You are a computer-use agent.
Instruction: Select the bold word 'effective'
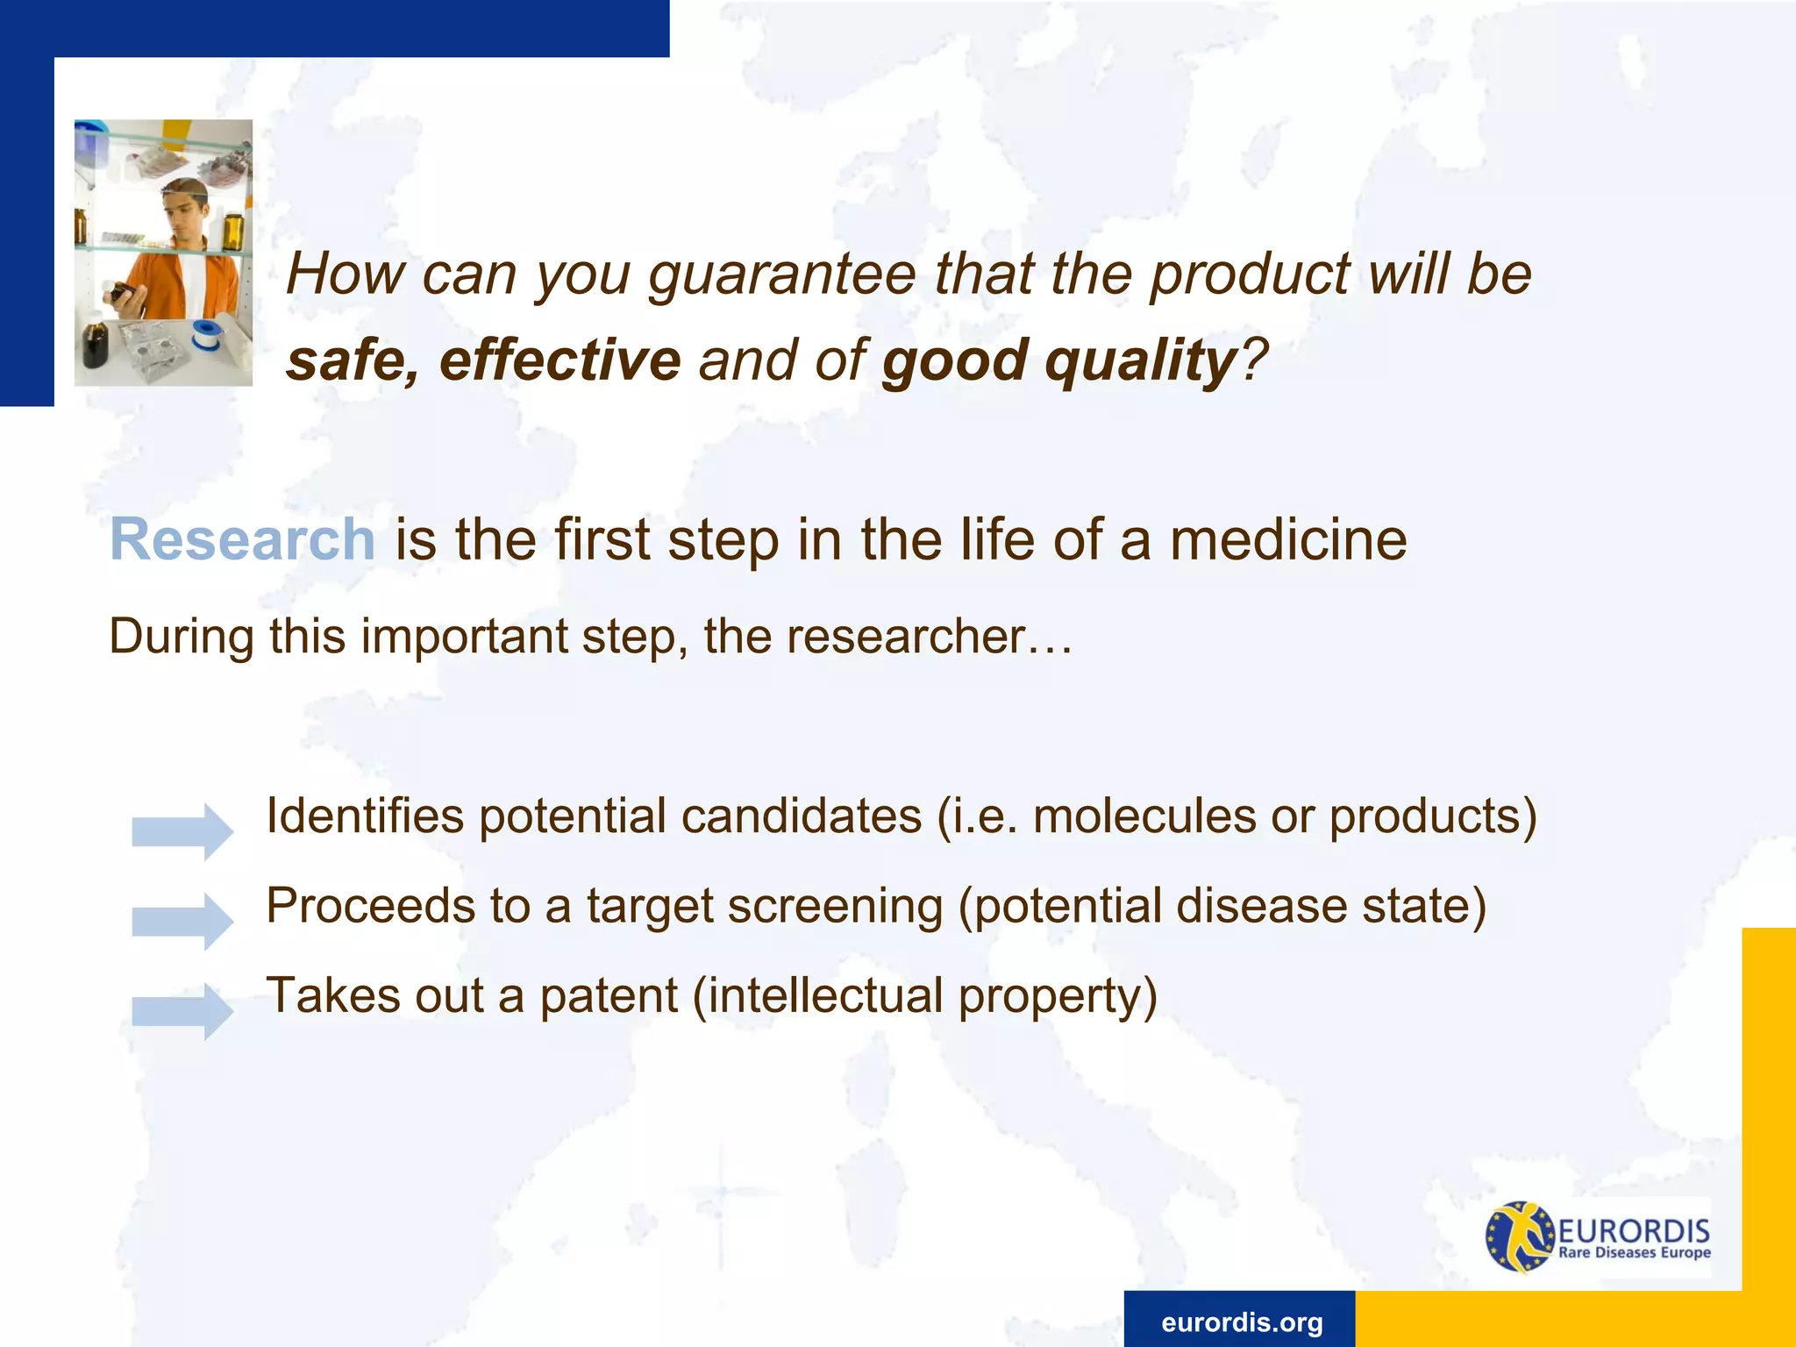coord(559,360)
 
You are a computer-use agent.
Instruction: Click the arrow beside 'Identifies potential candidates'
coord(182,830)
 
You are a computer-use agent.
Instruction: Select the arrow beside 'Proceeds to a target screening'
coord(182,921)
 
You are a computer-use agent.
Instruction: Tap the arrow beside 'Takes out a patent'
coord(182,1011)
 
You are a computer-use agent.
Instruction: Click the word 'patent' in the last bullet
coord(609,996)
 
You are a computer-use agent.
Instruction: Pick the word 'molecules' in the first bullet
coord(1144,816)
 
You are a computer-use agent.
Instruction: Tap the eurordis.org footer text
coord(1242,1322)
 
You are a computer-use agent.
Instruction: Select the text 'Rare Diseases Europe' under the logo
coord(1635,1252)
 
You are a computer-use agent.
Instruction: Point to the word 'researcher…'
coord(930,636)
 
